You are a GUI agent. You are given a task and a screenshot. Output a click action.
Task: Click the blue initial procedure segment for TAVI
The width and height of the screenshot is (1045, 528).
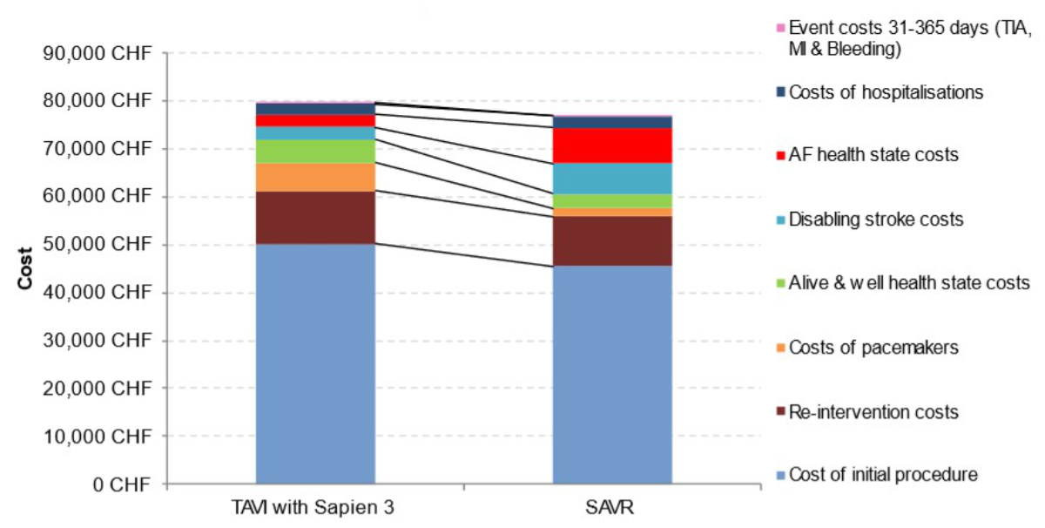click(315, 362)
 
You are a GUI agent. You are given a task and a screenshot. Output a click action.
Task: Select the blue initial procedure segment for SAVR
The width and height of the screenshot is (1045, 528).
click(613, 374)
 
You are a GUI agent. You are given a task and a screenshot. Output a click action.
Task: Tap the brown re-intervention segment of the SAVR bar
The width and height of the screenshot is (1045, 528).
click(613, 240)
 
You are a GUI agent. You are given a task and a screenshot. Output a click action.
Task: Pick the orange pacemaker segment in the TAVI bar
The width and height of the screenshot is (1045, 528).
click(315, 177)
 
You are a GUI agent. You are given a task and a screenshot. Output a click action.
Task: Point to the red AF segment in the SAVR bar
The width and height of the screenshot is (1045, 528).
click(613, 146)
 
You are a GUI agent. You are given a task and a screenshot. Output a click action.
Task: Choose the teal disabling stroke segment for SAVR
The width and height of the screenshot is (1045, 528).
click(613, 179)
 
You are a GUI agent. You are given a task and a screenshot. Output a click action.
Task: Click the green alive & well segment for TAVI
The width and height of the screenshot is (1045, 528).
click(315, 152)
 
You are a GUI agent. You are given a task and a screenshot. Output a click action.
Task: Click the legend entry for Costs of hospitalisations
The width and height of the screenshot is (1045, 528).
click(886, 91)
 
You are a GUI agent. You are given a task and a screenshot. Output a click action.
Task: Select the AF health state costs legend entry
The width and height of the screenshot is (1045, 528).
click(873, 155)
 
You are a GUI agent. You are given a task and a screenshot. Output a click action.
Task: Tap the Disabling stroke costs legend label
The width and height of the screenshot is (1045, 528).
click(876, 220)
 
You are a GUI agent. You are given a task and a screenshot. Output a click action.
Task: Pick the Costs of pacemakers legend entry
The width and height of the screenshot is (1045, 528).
click(873, 348)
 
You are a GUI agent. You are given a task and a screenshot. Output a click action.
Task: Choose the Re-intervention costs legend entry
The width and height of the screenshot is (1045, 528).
click(873, 411)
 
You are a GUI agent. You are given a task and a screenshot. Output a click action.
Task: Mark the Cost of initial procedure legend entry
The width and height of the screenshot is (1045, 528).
click(883, 475)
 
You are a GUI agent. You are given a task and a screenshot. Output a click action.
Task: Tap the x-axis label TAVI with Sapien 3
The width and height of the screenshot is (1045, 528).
click(314, 506)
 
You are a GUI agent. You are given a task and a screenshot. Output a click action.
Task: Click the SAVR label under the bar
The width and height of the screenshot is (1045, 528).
click(613, 506)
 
